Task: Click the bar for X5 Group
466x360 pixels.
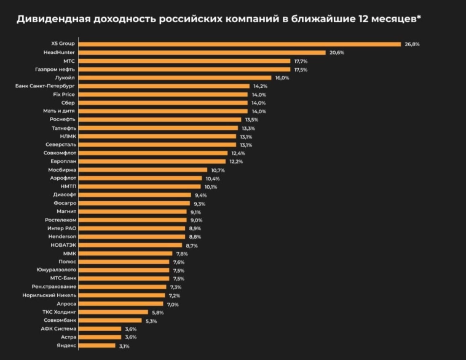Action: (240, 44)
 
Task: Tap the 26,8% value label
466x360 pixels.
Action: (411, 44)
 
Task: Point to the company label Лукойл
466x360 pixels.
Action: (65, 78)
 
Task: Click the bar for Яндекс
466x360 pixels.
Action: (97, 346)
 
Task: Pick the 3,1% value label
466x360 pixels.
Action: (124, 346)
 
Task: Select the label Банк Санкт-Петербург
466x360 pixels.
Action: (45, 86)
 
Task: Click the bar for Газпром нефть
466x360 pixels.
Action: (185, 70)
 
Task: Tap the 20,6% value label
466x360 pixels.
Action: (336, 53)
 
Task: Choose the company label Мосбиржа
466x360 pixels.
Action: (62, 170)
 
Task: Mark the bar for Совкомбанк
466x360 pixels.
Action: (111, 321)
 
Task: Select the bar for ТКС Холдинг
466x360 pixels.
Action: (114, 312)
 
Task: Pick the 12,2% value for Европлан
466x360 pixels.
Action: (236, 161)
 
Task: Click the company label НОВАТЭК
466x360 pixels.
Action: (60, 245)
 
